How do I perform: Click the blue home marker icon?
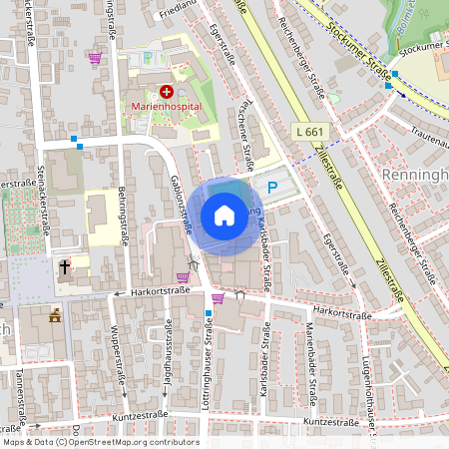[224, 216]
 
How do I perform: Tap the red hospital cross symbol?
[166, 91]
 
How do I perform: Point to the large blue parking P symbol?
[272, 187]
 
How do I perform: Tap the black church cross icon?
[64, 267]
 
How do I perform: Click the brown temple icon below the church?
[55, 316]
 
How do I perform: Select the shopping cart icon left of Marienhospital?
[95, 59]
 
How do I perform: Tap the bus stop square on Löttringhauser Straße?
[208, 313]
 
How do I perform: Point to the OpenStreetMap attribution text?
[100, 442]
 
